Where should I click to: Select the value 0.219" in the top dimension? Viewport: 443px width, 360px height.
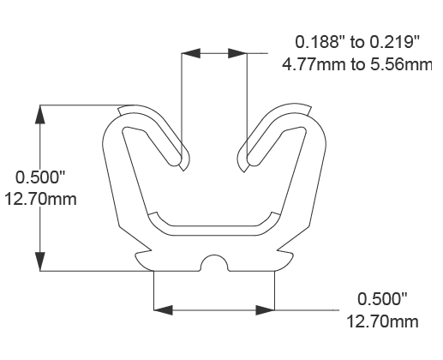tap(393, 41)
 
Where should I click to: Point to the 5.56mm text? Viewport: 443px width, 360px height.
tap(403, 63)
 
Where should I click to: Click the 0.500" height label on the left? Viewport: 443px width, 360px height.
tap(41, 178)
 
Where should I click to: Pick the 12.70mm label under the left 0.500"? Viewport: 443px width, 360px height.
tap(41, 200)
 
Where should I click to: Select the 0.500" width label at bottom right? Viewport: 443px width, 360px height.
tap(382, 299)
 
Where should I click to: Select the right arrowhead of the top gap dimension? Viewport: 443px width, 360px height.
tap(237, 53)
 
